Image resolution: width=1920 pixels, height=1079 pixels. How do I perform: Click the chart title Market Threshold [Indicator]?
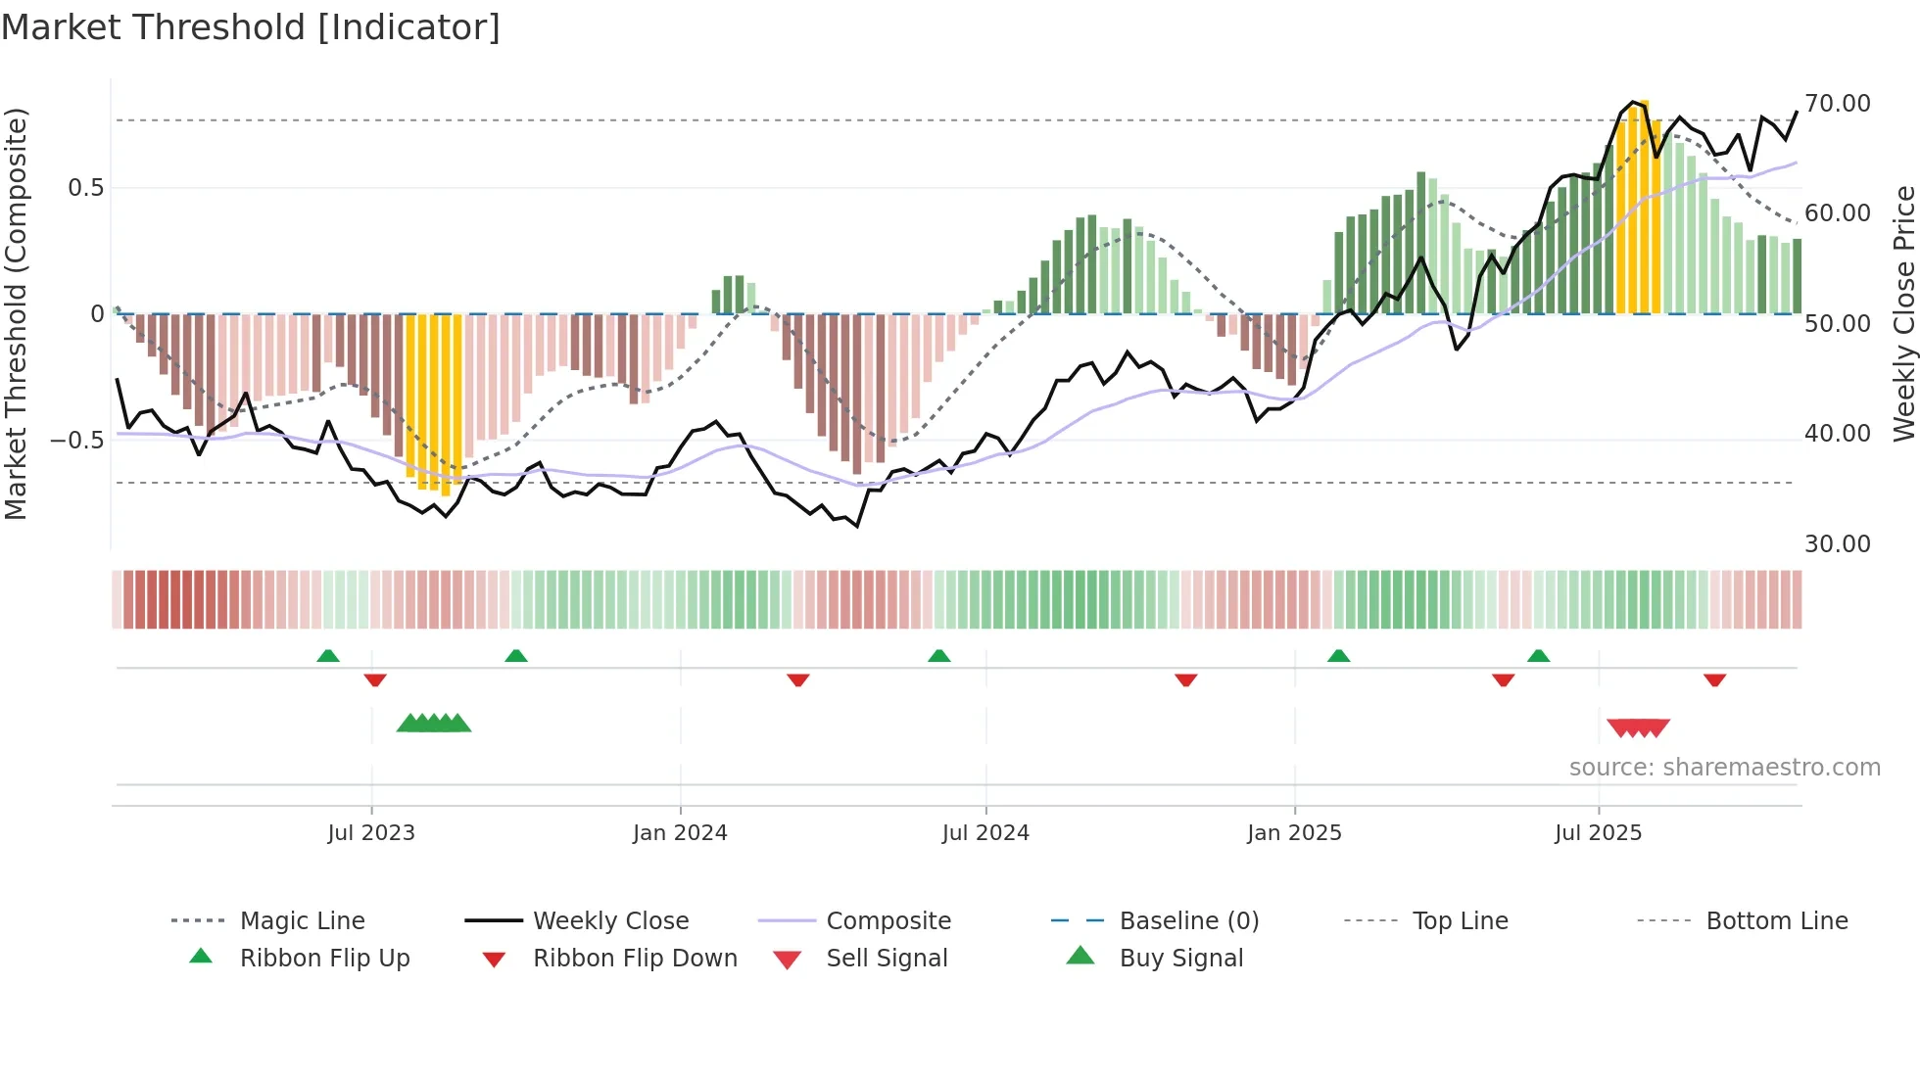251,27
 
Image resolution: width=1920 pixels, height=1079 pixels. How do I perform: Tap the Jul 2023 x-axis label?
371,833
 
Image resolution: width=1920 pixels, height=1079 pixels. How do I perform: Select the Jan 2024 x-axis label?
680,833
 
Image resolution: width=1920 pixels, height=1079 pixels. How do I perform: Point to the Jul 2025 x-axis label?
1598,833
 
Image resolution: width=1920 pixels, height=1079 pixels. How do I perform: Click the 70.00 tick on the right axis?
1837,104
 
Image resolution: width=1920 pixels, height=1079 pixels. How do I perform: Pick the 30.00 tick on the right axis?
1837,544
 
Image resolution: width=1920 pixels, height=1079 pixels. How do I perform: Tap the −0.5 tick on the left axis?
77,441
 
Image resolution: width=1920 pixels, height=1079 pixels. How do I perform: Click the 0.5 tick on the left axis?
86,188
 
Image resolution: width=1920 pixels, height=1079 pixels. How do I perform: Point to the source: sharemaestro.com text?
1724,768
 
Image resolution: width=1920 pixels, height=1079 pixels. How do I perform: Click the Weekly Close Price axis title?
1903,313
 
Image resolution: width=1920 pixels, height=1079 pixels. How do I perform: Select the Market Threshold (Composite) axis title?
16,313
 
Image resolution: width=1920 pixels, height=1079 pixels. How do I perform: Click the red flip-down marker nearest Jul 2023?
375,680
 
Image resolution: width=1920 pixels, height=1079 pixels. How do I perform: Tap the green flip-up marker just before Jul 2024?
938,655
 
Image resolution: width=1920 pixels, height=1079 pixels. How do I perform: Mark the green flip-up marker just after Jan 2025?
1338,655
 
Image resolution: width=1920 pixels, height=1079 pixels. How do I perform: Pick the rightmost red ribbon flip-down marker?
1714,680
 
